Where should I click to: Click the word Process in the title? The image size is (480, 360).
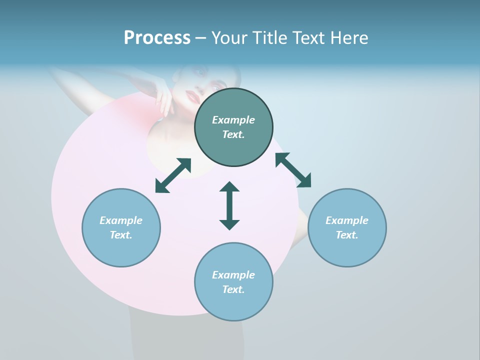(x=157, y=38)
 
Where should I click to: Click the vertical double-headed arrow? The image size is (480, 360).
(x=229, y=205)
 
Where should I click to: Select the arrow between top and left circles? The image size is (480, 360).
(x=173, y=175)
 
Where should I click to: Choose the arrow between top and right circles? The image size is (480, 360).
(x=293, y=170)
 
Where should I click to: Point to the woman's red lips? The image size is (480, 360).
(x=193, y=95)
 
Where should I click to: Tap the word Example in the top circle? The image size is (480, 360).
(x=233, y=120)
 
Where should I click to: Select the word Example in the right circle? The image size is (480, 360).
(x=347, y=220)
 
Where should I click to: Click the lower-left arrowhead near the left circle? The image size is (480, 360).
(x=161, y=186)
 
